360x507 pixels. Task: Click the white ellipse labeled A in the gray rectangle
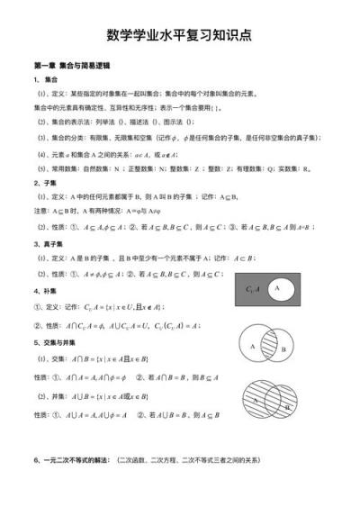(278, 288)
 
